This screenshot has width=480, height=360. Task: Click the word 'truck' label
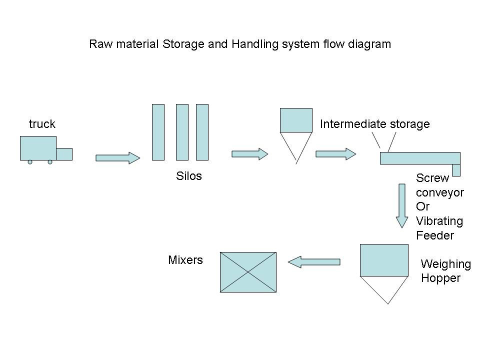click(42, 124)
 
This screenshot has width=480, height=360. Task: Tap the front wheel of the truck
click(50, 162)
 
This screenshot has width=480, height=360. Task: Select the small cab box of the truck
click(64, 154)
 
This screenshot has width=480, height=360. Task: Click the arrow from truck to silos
click(117, 158)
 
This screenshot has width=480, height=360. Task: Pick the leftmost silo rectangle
click(158, 132)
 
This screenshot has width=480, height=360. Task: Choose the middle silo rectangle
click(182, 132)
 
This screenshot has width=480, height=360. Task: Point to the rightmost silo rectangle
click(202, 132)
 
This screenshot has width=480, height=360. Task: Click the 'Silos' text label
click(189, 176)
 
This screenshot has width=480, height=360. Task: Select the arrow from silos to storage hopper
click(249, 154)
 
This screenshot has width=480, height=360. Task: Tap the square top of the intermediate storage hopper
click(296, 120)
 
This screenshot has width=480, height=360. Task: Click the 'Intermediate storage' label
click(374, 124)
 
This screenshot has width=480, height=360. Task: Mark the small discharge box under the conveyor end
click(456, 170)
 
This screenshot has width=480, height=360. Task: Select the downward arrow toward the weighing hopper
click(401, 205)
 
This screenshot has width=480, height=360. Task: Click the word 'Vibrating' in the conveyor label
click(439, 221)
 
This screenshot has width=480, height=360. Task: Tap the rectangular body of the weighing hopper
click(384, 260)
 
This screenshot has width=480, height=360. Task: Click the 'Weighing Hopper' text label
click(445, 271)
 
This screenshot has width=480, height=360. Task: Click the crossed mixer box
click(248, 272)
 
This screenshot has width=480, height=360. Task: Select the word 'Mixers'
click(185, 260)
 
